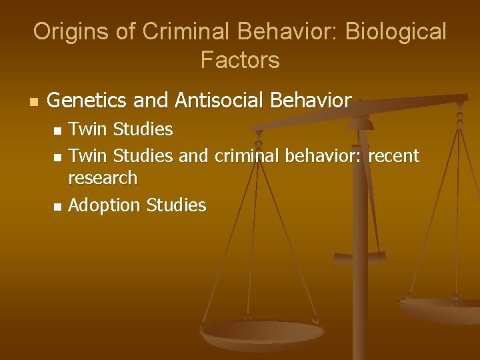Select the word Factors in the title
[x=240, y=60]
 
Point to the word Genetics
[x=88, y=101]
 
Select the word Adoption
[x=102, y=205]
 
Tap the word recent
[x=393, y=156]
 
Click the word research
[x=103, y=179]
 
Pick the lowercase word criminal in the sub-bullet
[x=247, y=156]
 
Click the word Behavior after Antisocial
[x=311, y=101]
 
